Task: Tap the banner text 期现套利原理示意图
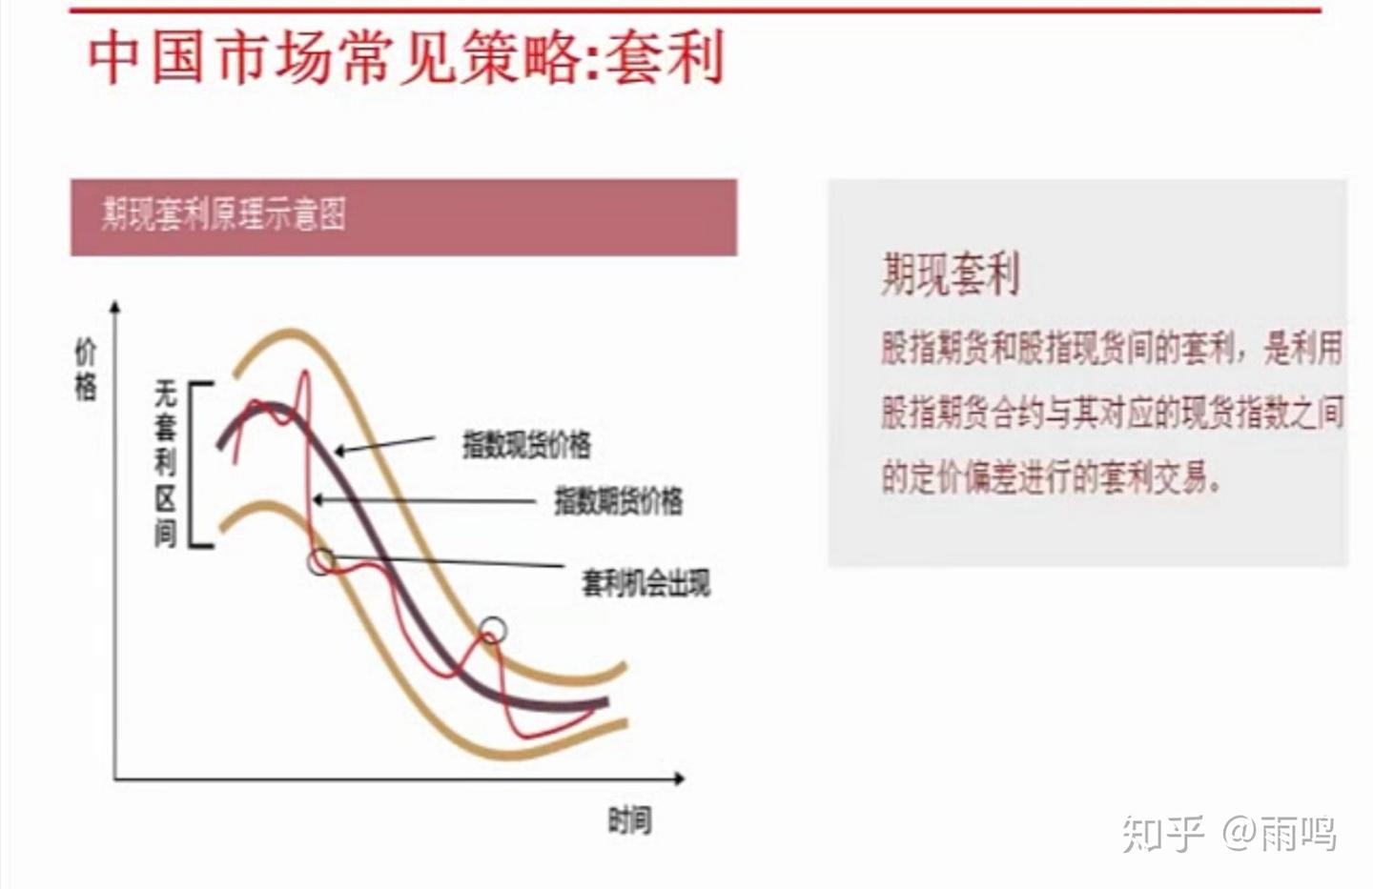coord(223,214)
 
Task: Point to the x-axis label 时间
coord(629,820)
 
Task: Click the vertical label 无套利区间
coord(166,464)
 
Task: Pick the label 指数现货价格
coord(526,444)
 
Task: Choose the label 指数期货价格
coord(618,500)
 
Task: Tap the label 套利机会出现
coord(646,582)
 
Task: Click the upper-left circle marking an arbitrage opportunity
coord(321,561)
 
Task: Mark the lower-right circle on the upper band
coord(492,630)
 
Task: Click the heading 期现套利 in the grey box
coord(950,274)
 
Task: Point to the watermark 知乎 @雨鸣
coord(1229,834)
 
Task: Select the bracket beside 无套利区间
coord(194,464)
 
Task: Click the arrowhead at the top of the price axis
coord(115,307)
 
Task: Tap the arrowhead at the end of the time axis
coord(680,778)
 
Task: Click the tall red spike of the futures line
coord(305,376)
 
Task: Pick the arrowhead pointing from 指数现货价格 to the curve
coord(339,451)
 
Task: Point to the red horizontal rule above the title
coord(696,10)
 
